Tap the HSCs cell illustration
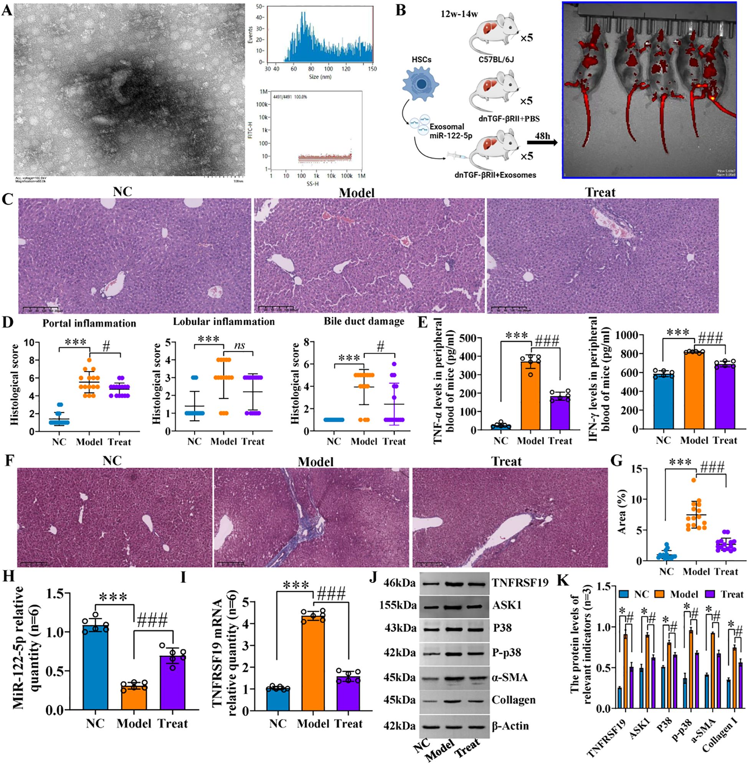pyautogui.click(x=421, y=84)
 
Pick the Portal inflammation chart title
pyautogui.click(x=89, y=323)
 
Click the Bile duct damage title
pyautogui.click(x=364, y=321)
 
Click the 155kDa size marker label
pyautogui.click(x=398, y=605)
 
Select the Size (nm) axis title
pyautogui.click(x=320, y=77)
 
